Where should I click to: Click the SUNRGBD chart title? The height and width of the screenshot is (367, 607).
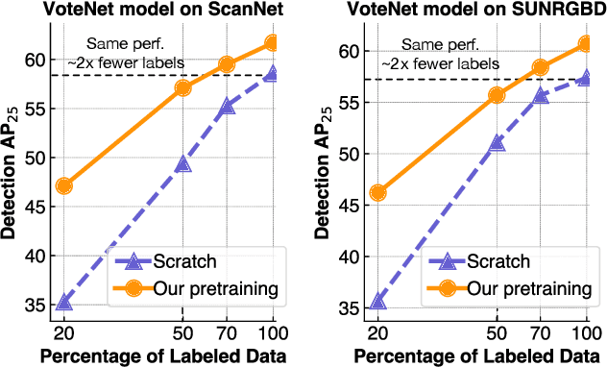pyautogui.click(x=472, y=12)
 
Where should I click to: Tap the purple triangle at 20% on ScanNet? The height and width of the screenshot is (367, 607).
pyautogui.click(x=63, y=303)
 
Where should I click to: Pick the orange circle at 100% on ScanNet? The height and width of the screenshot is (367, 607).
pyautogui.click(x=273, y=42)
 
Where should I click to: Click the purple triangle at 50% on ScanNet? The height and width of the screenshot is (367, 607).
pyautogui.click(x=182, y=163)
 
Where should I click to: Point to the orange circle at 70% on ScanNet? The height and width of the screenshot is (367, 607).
pyautogui.click(x=227, y=64)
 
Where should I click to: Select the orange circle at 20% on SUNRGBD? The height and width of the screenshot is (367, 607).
pyautogui.click(x=377, y=192)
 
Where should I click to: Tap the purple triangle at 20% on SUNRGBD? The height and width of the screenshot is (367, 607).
pyautogui.click(x=377, y=302)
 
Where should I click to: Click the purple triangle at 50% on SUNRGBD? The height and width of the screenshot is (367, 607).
pyautogui.click(x=497, y=144)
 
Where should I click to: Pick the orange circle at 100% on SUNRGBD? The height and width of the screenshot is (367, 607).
pyautogui.click(x=586, y=43)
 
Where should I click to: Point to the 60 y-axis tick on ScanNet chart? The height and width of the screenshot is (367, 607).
pyautogui.click(x=34, y=59)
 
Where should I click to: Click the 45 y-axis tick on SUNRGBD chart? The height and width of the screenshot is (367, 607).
pyautogui.click(x=348, y=205)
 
